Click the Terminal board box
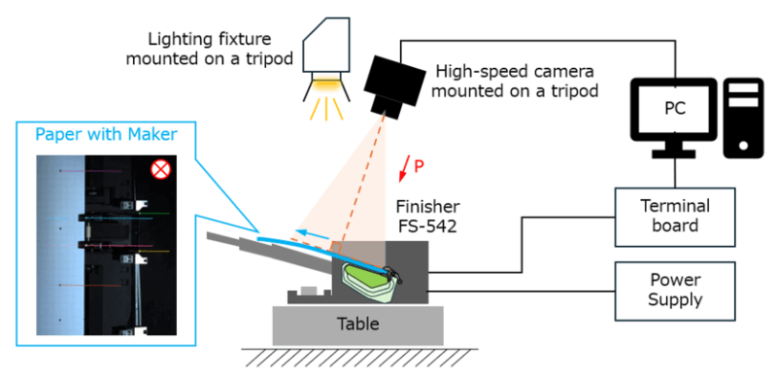tap(675, 217)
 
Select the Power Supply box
tap(675, 291)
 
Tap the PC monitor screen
tap(674, 109)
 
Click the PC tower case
tap(743, 119)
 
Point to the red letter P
tap(419, 167)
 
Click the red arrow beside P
tap(405, 167)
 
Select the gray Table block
tap(357, 325)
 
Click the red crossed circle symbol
tap(160, 170)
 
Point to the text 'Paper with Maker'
tap(107, 134)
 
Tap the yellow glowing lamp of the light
tap(325, 86)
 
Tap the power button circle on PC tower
tap(743, 146)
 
